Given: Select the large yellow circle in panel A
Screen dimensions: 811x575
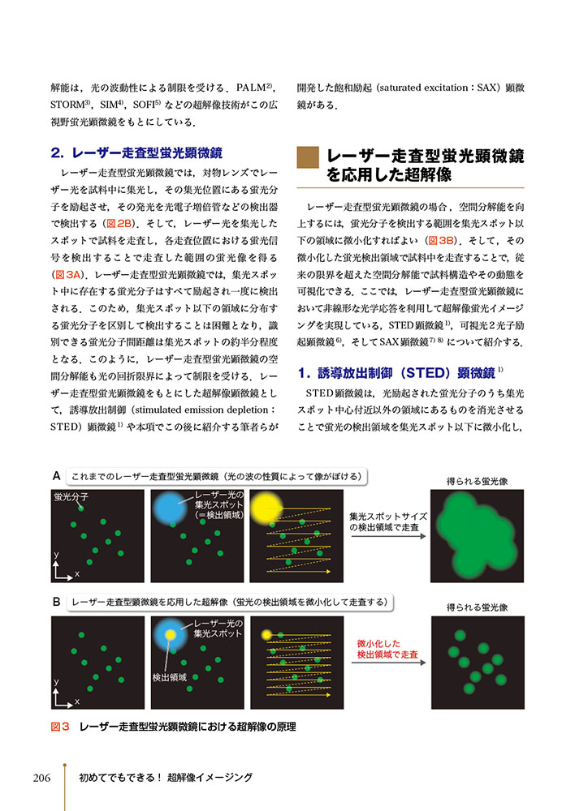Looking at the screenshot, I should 266,508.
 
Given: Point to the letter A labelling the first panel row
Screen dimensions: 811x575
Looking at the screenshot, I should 56,475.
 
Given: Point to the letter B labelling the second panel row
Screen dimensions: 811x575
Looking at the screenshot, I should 56,603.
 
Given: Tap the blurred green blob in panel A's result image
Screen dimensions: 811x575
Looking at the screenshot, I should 478,537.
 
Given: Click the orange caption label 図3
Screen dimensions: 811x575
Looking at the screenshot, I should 61,727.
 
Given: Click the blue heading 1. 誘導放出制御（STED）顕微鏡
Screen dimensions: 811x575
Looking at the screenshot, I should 400,373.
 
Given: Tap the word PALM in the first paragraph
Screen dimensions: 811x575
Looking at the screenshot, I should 253,85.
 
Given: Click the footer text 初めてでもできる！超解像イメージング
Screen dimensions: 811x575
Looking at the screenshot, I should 166,778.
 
